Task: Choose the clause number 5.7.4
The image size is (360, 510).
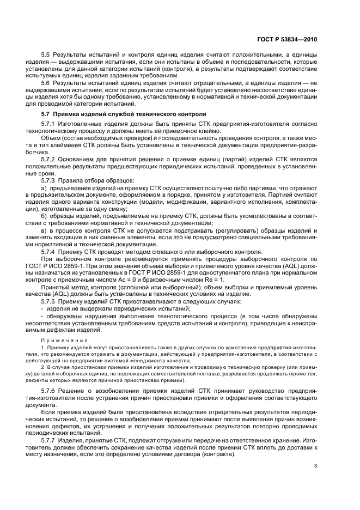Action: coord(47,252)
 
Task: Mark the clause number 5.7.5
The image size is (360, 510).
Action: coord(47,301)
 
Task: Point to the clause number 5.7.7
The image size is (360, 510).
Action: coord(47,439)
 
